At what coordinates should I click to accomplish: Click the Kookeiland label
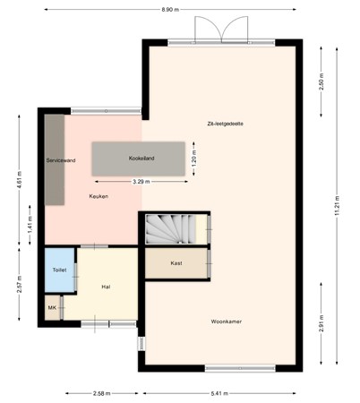141,157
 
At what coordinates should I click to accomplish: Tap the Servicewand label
61,160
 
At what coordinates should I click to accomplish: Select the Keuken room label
99,195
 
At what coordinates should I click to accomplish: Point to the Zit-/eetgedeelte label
224,124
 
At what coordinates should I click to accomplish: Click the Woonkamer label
227,321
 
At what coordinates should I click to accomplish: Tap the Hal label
106,287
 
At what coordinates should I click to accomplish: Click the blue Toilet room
59,270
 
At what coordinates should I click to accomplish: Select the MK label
52,309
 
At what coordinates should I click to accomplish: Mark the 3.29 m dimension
141,182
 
